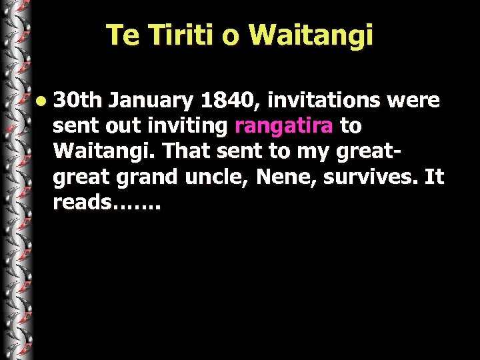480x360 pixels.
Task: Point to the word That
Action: [186, 151]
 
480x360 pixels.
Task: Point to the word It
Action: [433, 177]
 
